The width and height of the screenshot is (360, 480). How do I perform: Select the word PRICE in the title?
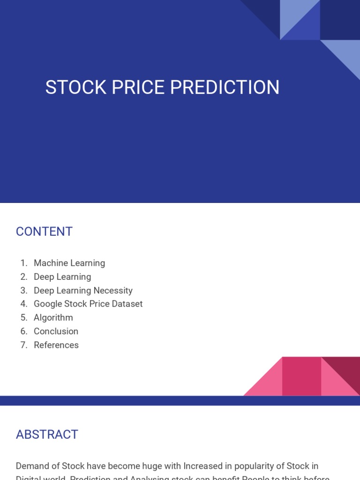coord(135,88)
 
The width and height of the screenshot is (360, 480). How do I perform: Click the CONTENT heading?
coord(44,232)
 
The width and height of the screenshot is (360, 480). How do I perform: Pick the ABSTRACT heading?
coord(47,435)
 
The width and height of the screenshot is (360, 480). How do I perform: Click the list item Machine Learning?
coord(69,263)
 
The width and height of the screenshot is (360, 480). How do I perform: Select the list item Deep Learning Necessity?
coord(83,290)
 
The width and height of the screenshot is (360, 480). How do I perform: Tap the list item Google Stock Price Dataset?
coord(88,304)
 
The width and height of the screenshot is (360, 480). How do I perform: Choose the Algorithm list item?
coord(53,317)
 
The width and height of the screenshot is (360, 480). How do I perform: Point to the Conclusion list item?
coord(56,331)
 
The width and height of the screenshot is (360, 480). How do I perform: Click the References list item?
coord(56,345)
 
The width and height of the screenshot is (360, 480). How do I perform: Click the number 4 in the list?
coord(23,304)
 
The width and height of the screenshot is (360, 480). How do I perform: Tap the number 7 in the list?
coord(23,345)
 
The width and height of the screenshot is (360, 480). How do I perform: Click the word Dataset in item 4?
coord(126,304)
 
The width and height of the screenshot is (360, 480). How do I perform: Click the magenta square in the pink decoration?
coord(301,376)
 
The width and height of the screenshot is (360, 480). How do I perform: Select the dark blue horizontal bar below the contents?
coord(180,400)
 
